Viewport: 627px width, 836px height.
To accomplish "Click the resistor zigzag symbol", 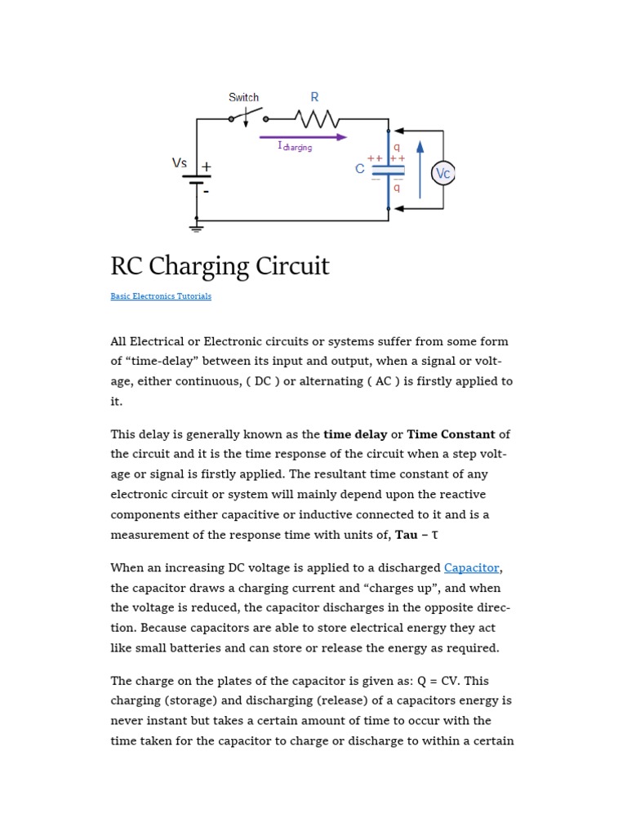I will [x=321, y=120].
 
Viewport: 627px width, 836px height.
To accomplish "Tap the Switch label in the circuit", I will [x=243, y=97].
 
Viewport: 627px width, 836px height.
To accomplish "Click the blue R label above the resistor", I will [x=314, y=97].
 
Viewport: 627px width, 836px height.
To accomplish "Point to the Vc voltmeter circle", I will [x=443, y=173].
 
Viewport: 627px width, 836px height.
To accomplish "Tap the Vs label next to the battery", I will [x=180, y=163].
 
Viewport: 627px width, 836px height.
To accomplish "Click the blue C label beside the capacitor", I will [x=360, y=170].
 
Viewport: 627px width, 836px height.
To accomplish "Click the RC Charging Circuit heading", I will [x=220, y=266].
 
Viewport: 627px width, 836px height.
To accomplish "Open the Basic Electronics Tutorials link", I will [x=161, y=296].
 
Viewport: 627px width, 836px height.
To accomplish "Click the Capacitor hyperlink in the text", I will [x=471, y=567].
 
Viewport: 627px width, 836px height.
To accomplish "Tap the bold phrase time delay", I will [x=355, y=434].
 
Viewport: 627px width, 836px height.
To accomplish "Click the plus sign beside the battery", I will [x=207, y=167].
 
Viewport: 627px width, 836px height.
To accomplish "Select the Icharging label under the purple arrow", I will [x=295, y=147].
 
